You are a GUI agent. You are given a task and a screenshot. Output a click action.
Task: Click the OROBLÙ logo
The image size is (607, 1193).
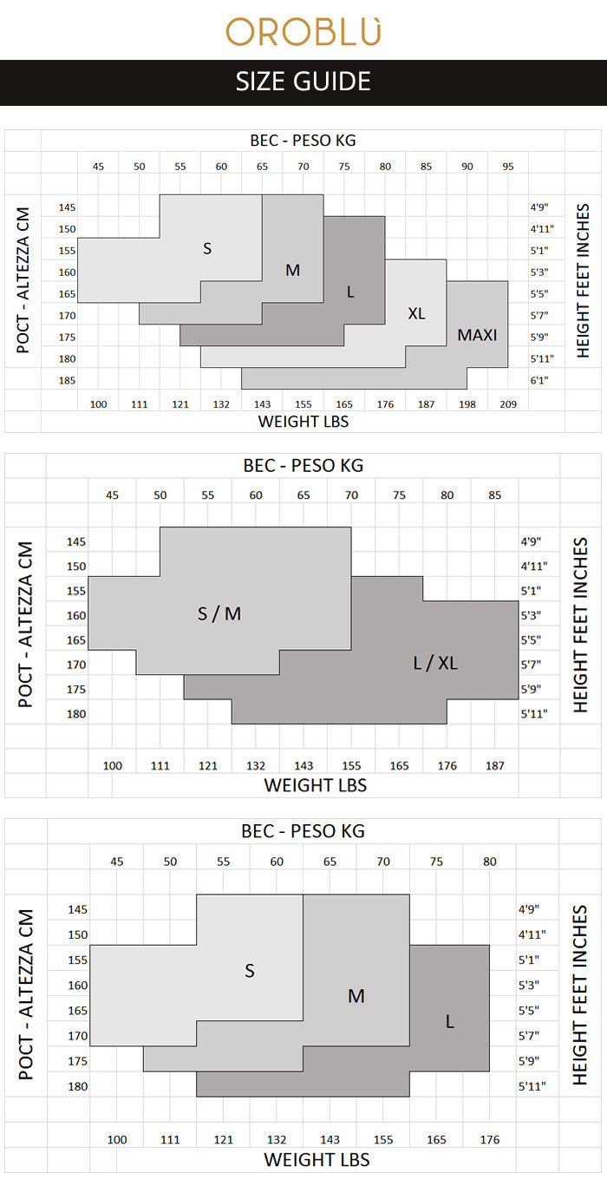click(x=303, y=31)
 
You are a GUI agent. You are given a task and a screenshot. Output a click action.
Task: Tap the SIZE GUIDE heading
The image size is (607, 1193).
click(x=303, y=82)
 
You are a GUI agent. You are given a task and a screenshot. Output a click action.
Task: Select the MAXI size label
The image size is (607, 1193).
click(x=478, y=334)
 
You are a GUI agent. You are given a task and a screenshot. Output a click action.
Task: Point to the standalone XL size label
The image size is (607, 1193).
click(x=416, y=313)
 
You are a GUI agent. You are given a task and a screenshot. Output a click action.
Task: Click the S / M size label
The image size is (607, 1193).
click(x=219, y=614)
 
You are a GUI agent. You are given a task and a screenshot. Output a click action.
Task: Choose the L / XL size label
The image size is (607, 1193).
click(x=435, y=664)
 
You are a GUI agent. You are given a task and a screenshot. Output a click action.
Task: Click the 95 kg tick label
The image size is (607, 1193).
click(x=508, y=166)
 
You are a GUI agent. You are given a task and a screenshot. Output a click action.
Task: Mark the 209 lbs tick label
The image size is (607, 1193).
click(x=508, y=404)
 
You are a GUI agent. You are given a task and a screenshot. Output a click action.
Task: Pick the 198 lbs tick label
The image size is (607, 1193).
click(x=467, y=404)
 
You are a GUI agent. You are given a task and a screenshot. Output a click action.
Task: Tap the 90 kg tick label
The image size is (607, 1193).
click(x=467, y=166)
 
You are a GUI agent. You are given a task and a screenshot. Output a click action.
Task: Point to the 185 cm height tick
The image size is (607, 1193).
click(x=68, y=380)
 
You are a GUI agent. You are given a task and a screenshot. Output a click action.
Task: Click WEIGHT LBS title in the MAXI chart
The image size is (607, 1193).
click(x=303, y=422)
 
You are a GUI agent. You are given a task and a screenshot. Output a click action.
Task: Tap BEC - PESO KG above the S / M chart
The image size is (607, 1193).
click(x=303, y=465)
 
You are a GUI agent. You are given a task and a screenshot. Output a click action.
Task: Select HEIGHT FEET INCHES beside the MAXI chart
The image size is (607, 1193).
click(x=583, y=280)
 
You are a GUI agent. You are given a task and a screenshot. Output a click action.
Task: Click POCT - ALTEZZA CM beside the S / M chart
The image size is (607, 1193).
click(x=26, y=625)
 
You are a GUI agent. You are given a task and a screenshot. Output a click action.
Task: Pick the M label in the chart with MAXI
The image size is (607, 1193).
click(x=293, y=270)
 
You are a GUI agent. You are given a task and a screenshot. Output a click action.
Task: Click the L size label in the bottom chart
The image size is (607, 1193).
click(x=449, y=1022)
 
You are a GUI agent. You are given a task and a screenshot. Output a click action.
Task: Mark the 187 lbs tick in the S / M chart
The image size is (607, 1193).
click(x=495, y=766)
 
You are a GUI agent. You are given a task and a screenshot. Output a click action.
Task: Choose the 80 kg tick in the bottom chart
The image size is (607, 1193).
click(x=490, y=862)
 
